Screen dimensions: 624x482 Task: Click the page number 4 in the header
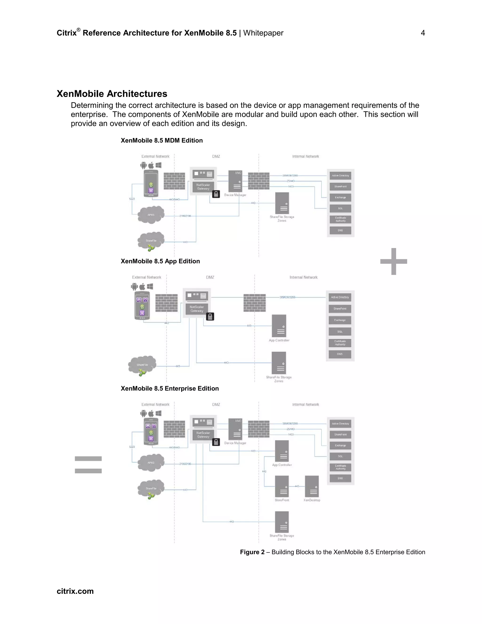(x=423, y=33)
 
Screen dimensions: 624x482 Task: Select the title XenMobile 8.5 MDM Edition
(x=162, y=141)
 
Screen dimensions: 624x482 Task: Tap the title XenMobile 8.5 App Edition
(x=160, y=261)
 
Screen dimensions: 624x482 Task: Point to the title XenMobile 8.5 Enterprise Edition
(x=170, y=389)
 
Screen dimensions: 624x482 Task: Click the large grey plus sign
(x=394, y=261)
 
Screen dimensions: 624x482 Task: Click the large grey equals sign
(x=88, y=465)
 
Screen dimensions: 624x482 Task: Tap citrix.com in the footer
(x=75, y=591)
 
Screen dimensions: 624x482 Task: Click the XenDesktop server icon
(x=312, y=486)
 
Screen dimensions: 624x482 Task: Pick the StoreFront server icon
(x=282, y=486)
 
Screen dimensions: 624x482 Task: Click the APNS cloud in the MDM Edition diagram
(x=151, y=215)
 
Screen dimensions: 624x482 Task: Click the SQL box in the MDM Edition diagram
(x=340, y=208)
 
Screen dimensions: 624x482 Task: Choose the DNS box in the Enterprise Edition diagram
(x=340, y=478)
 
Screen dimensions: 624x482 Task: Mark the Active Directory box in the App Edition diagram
(x=340, y=297)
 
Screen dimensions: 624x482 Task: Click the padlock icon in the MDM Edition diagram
(x=216, y=194)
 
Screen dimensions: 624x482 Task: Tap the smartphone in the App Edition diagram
(x=142, y=305)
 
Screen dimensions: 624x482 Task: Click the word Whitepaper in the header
(x=263, y=33)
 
